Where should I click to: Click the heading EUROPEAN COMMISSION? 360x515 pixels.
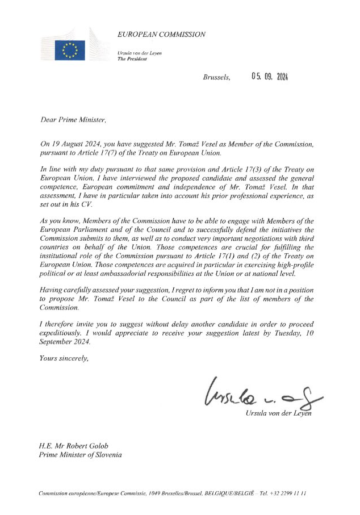161,35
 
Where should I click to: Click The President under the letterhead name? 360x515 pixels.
132,58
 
